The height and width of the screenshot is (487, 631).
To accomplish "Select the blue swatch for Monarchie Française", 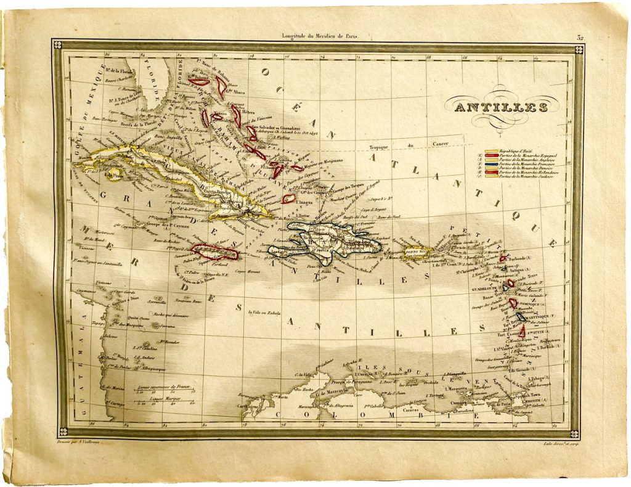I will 491,165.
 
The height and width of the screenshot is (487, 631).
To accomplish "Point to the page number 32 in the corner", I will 580,38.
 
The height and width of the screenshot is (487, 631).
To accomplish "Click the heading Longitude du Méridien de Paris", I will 319,37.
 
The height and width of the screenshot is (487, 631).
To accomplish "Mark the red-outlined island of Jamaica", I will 214,252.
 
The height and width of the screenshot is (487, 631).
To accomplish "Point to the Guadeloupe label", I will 486,288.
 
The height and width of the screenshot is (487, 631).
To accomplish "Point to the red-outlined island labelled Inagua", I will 288,198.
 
